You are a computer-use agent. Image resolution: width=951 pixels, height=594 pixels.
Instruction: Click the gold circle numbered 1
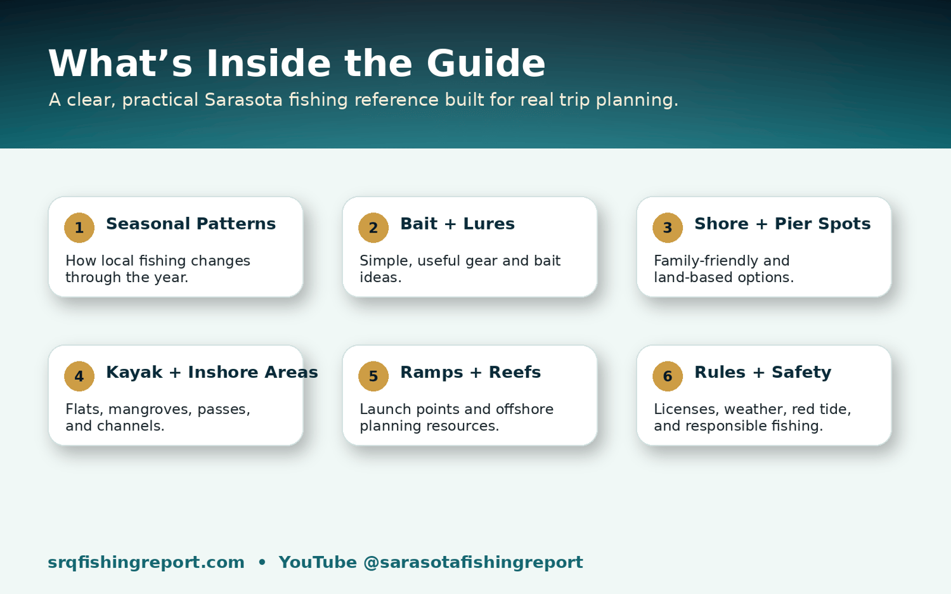click(79, 228)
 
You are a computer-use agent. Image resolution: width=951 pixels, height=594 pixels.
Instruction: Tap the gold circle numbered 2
click(373, 228)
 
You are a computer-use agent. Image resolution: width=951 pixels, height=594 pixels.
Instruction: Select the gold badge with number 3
click(668, 228)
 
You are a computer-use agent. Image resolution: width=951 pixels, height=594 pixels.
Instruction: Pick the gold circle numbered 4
click(79, 376)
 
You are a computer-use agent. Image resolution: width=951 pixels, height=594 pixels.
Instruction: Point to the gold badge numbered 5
click(373, 376)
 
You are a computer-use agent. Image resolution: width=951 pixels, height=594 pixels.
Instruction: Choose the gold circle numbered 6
click(668, 376)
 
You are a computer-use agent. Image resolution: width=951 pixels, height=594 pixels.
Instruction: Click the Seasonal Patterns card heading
click(191, 224)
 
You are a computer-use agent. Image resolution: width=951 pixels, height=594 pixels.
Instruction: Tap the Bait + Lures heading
click(457, 224)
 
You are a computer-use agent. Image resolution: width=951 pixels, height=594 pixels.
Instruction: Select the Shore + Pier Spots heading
click(782, 224)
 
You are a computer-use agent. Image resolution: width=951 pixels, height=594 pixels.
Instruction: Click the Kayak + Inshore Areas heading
click(212, 372)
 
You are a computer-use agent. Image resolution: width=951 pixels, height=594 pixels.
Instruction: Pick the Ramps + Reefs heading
click(470, 372)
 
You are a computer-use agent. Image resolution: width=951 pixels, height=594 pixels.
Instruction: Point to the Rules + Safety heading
click(763, 372)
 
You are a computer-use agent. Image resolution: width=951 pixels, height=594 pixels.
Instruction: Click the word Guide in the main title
click(486, 63)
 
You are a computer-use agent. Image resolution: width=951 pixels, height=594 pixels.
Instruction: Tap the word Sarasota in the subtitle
click(243, 100)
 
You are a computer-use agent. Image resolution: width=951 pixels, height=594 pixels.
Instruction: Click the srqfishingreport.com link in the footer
click(146, 562)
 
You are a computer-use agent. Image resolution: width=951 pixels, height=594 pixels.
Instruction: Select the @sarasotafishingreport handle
click(473, 562)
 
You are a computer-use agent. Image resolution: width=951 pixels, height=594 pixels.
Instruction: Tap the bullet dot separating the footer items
click(262, 562)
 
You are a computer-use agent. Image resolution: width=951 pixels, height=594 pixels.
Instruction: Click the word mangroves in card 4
click(149, 410)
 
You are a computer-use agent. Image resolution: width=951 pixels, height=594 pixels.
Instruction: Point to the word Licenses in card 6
click(687, 410)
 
